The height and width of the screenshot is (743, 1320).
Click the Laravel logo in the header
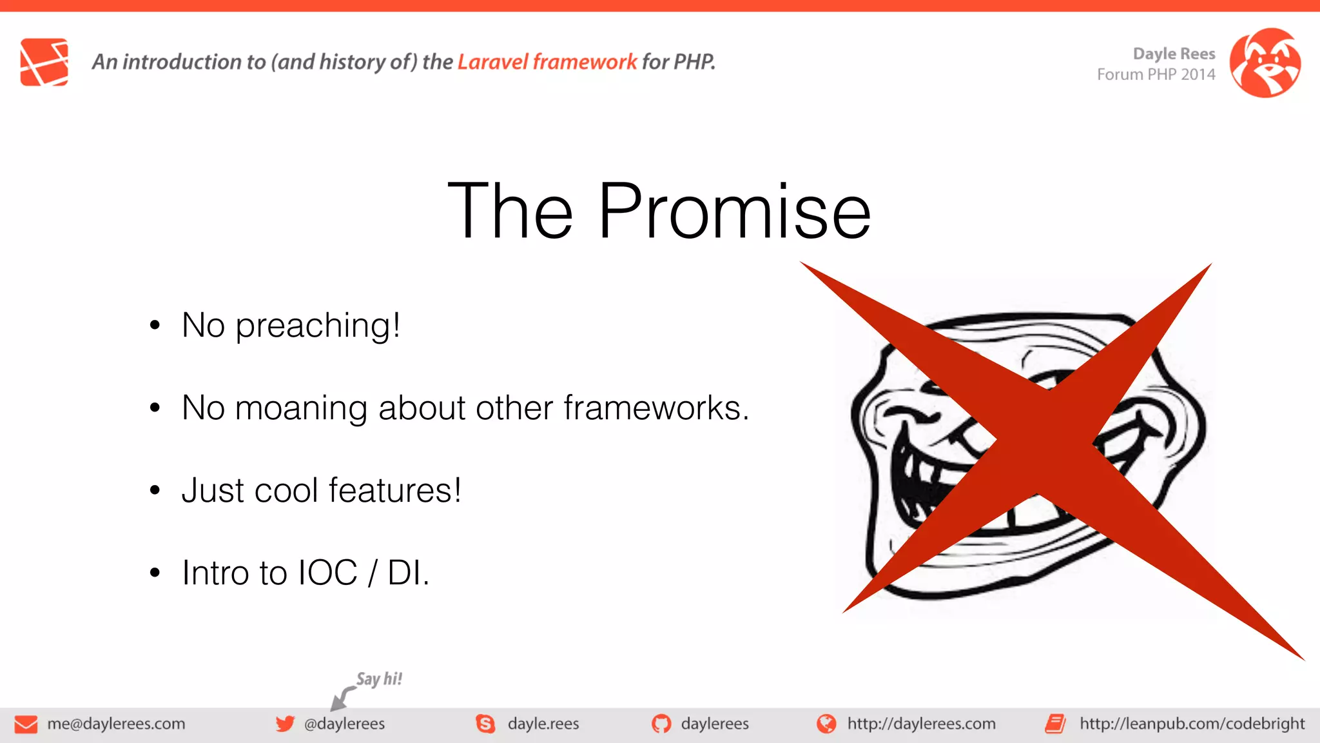click(x=44, y=62)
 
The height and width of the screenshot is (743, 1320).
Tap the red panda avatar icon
click(x=1265, y=63)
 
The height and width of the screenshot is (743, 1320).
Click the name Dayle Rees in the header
click(x=1174, y=54)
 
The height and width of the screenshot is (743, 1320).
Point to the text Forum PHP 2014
click(x=1156, y=75)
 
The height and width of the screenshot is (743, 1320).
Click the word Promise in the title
click(x=734, y=212)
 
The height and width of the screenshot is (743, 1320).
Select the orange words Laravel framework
click(x=547, y=62)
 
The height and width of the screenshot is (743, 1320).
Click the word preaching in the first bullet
click(x=317, y=325)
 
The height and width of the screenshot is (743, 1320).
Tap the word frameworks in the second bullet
click(x=655, y=408)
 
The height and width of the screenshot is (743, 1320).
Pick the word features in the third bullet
click(x=394, y=490)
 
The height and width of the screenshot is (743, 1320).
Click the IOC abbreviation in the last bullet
click(x=327, y=573)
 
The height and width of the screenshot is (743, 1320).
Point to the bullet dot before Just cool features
click(x=155, y=491)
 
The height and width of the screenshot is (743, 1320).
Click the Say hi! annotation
click(x=379, y=679)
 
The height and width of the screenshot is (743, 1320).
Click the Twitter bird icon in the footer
click(x=285, y=724)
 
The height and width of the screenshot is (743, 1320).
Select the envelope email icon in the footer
click(x=26, y=724)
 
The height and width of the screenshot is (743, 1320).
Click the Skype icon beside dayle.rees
click(x=485, y=724)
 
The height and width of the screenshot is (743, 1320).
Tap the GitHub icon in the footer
click(x=661, y=724)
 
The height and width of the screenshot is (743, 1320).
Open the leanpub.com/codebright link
click(x=1192, y=724)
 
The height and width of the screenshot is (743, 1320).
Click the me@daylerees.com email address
click(x=116, y=724)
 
